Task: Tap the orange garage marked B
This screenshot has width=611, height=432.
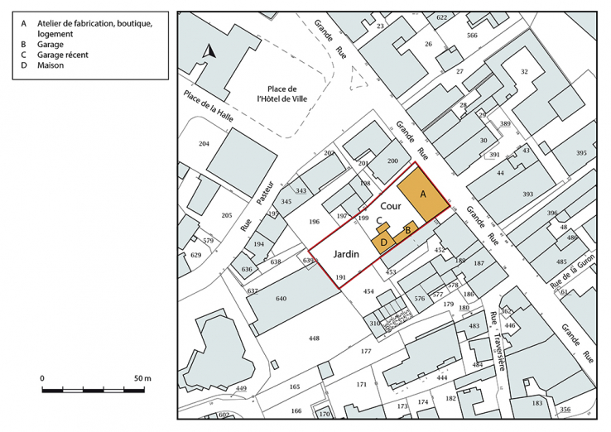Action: pos(407,228)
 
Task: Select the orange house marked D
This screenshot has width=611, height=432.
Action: pos(383,241)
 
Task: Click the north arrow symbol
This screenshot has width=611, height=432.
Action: pos(210,51)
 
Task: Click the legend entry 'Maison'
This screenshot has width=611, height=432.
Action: pos(51,65)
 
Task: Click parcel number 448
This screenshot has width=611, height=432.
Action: pos(314,338)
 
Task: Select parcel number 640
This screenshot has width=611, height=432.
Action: pos(281,299)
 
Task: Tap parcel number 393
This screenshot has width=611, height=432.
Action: pos(527,194)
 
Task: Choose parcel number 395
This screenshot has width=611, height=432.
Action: pos(581,153)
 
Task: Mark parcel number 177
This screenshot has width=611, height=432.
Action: pos(365,352)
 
